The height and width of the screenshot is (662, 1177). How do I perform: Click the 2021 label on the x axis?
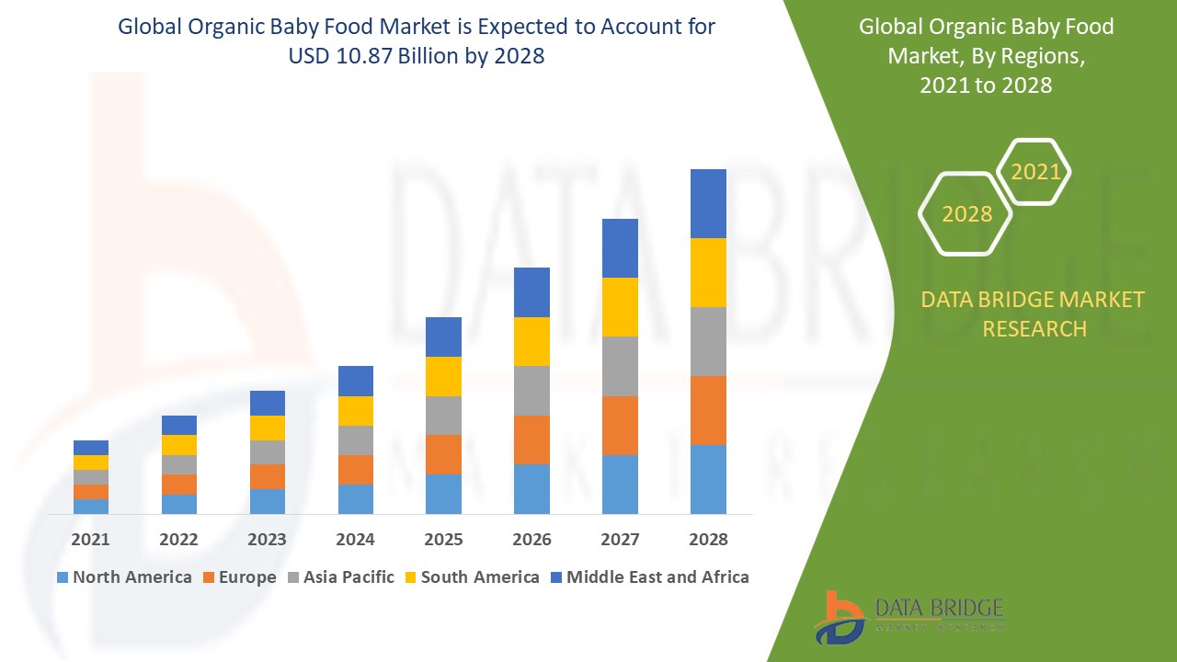[90, 540]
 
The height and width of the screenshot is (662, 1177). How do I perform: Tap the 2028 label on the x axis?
[708, 540]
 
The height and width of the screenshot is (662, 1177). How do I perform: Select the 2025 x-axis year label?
[443, 540]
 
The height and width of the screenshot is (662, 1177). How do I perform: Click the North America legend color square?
[63, 577]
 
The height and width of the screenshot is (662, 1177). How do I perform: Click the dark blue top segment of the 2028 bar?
[708, 203]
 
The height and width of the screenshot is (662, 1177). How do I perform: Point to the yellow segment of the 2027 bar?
[620, 306]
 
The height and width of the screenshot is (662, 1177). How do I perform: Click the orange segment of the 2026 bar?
[531, 439]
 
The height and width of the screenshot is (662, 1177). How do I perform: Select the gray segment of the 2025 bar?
[443, 415]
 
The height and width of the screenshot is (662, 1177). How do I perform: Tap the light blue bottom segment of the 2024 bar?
[355, 498]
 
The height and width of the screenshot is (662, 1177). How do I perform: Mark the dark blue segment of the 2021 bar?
[90, 447]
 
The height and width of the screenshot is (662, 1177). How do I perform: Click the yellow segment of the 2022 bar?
[178, 444]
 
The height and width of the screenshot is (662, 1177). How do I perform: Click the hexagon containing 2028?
[966, 213]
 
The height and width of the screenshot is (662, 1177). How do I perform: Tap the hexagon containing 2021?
[1034, 172]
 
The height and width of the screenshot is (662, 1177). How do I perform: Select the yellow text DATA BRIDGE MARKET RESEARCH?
[1034, 314]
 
